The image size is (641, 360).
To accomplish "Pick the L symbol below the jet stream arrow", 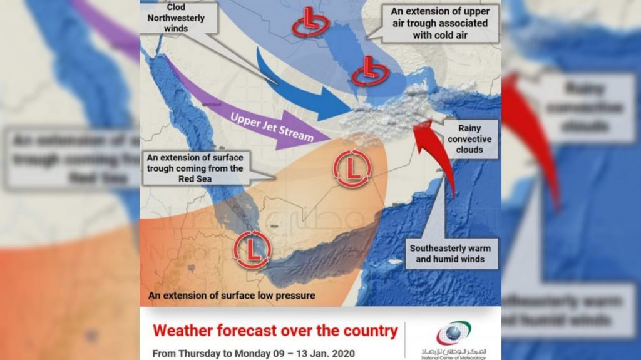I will (352, 168).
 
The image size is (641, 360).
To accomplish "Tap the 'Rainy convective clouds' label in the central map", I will (469, 140).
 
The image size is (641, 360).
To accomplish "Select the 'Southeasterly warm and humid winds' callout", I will (450, 254).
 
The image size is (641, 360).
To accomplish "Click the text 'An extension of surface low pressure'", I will (231, 295).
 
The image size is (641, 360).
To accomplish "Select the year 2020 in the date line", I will (341, 354).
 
